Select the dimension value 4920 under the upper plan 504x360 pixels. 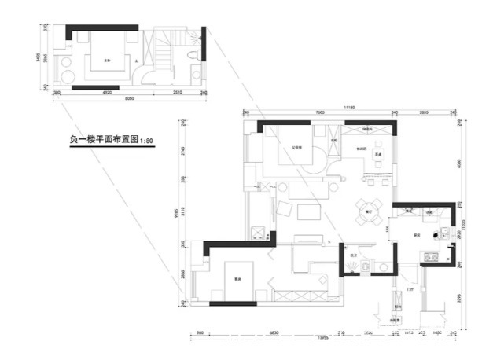(x=106, y=92)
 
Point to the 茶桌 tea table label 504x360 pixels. (x=378, y=155)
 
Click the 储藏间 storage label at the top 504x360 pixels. (x=368, y=129)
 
